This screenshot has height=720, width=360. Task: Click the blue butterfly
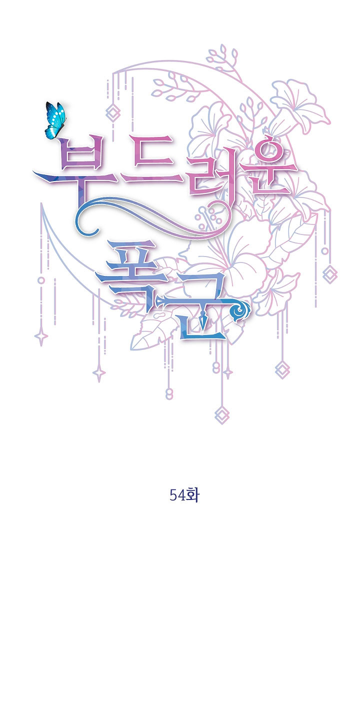coord(55,120)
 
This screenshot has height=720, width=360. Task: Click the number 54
coord(177,495)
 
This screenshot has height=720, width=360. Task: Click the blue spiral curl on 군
coord(241,309)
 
